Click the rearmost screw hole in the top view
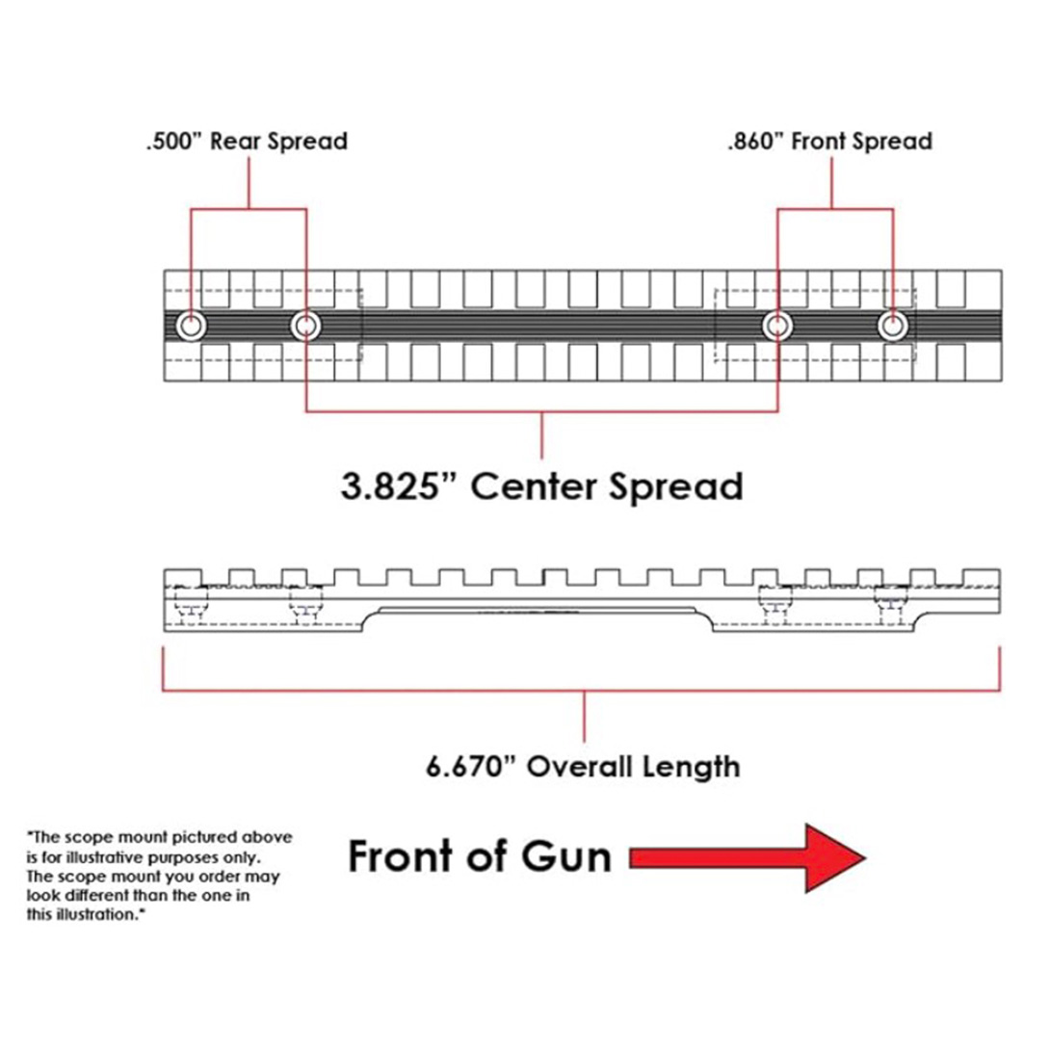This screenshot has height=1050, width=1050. pos(191,327)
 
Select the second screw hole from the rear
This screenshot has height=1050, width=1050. pos(306,327)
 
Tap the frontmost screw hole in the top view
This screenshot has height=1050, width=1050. pos(893,327)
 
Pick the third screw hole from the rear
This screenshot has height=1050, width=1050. pos(777,327)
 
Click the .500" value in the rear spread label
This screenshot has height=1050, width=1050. pos(170,142)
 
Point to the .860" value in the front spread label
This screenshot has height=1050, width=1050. pos(755,142)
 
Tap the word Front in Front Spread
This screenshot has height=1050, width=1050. pos(824,142)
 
